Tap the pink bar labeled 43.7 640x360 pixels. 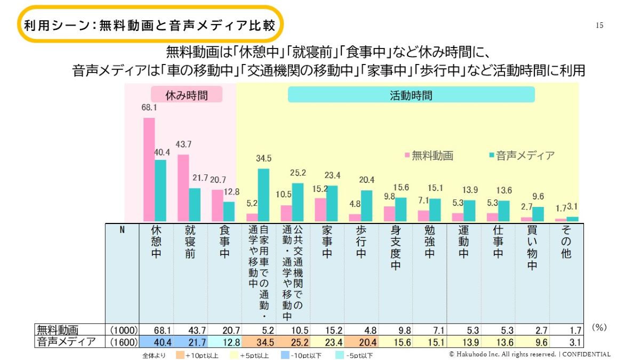(183, 188)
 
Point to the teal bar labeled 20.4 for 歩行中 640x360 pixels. (366, 205)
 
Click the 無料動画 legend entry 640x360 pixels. (429, 156)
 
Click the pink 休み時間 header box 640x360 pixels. (186, 95)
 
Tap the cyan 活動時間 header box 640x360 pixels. (411, 95)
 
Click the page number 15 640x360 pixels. (599, 26)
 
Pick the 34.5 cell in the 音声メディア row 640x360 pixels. (260, 342)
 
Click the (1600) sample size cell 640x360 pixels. (123, 342)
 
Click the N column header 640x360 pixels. (122, 230)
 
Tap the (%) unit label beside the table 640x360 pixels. (599, 327)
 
